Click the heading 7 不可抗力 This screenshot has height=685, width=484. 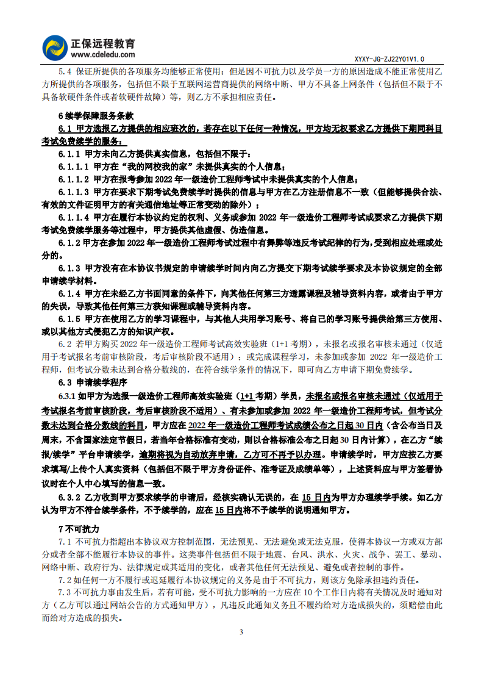point(79,528)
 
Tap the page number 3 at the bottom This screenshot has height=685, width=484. point(241,631)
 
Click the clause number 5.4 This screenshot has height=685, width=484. point(65,72)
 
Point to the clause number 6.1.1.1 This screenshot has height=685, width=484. point(74,166)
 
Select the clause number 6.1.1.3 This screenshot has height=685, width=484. point(74,192)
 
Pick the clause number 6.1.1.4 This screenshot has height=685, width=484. point(74,217)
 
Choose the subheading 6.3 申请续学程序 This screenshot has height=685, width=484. point(92,382)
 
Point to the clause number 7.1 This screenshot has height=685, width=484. point(65,541)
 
